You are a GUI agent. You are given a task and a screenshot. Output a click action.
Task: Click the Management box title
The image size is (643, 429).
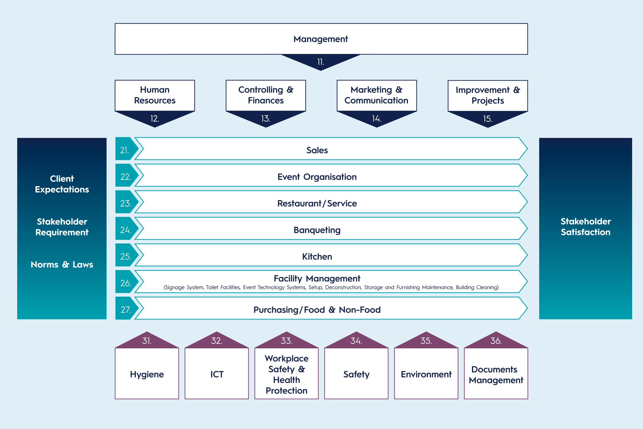pos(321,39)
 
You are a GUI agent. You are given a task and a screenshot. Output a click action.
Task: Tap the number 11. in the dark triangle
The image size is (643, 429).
pos(321,62)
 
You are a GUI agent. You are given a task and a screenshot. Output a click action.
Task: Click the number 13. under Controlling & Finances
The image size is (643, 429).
pos(266,118)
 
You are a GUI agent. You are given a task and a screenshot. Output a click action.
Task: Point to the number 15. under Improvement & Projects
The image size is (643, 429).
pos(488,119)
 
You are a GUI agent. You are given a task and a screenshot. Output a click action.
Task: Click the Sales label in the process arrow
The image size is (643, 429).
pos(317,150)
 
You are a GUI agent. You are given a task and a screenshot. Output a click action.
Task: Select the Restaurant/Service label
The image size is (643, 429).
pos(317,203)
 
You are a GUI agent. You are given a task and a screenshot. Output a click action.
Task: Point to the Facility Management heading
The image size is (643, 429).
pos(317,279)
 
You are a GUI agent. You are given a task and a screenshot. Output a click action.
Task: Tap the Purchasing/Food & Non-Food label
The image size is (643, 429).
pos(317,310)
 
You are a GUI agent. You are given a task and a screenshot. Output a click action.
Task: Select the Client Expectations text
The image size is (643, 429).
pos(62,184)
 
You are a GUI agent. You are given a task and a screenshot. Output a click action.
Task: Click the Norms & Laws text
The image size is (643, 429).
pos(62,265)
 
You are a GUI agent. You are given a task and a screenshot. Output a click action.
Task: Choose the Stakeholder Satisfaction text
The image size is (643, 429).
pos(586,227)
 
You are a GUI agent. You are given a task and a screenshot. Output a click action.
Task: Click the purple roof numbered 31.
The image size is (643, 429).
pos(147,340)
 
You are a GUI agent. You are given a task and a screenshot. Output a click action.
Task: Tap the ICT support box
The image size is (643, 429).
pos(217,373)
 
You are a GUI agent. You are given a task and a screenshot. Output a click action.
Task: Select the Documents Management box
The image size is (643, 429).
pos(496,373)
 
